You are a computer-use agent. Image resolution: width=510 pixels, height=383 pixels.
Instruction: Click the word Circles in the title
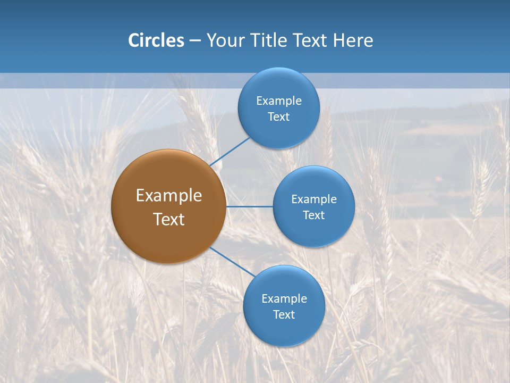156,40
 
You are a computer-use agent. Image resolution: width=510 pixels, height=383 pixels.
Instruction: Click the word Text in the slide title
311,40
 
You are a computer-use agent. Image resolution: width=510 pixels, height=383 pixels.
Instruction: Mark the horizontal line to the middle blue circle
249,206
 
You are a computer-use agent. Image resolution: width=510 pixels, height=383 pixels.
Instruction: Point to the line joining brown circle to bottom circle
232,262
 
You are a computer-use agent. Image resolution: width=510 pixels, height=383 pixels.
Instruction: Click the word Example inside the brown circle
168,196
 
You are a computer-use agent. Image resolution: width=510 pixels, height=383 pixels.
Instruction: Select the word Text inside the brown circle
168,219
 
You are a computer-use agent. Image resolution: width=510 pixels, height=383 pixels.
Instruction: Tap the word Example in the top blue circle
278,101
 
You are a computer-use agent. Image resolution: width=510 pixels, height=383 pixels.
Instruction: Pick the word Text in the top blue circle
278,117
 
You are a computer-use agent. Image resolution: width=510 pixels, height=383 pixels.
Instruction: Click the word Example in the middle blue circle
313,199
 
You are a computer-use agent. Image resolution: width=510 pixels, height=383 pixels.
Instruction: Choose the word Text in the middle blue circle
313,215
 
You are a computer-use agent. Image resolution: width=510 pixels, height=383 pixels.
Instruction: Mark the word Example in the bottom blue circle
284,299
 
